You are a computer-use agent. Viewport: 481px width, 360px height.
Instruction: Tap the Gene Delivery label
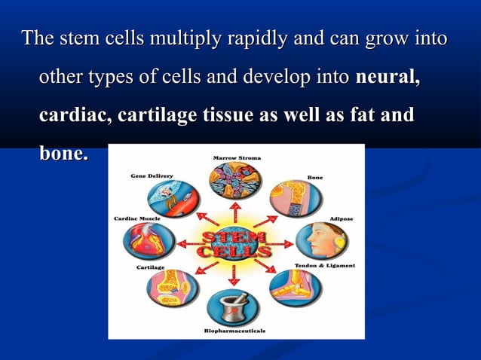[x=152, y=175]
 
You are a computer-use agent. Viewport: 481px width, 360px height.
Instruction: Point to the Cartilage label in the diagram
[x=151, y=267]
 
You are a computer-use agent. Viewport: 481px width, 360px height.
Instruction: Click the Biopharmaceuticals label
[x=234, y=331]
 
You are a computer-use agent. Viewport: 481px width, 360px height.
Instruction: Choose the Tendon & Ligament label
[x=324, y=266]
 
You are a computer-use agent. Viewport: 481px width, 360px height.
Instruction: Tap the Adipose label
[x=342, y=219]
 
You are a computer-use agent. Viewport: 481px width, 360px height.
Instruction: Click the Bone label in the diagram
[x=315, y=177]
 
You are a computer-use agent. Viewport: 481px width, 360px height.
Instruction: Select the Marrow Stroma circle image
[x=234, y=182]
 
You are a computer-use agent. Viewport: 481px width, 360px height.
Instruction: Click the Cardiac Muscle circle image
[x=149, y=242]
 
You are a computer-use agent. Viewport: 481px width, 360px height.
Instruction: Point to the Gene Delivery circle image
[x=173, y=199]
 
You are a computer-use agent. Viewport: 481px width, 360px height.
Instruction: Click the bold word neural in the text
[x=388, y=77]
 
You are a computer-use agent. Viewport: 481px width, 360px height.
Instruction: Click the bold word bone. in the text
[x=63, y=154]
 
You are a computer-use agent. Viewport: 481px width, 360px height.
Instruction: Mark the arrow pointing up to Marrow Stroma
[x=234, y=212]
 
